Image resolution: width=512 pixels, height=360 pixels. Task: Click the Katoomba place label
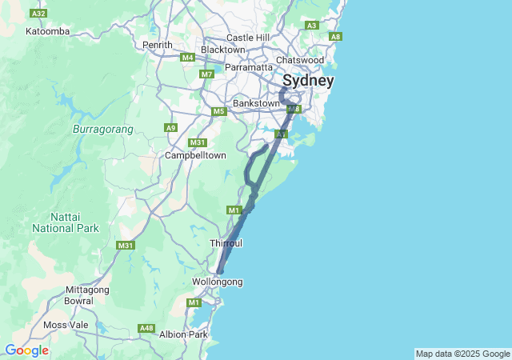point(48,31)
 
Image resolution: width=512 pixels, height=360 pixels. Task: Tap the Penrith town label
point(157,45)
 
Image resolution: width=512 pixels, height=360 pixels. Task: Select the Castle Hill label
point(249,38)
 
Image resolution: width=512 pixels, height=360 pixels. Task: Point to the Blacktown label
point(222,50)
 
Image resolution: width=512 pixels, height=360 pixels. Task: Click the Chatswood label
point(299,60)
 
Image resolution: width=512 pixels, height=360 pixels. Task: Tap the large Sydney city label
point(307,81)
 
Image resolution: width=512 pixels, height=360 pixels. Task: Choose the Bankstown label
point(256,103)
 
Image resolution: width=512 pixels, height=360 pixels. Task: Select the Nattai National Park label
point(65,222)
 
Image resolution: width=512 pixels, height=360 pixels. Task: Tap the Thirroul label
point(226,242)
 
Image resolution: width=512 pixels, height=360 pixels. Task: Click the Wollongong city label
point(218,282)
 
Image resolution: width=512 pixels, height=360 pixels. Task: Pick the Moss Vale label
point(66,325)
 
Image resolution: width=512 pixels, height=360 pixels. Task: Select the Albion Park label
point(183,334)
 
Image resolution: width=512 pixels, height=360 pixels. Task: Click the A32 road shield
point(37,14)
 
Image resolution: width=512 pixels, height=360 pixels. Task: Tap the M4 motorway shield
point(187,58)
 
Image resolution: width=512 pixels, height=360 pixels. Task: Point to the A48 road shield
point(146,328)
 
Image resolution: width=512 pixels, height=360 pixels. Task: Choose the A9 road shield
point(170,127)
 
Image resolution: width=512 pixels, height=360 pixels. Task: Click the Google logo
point(26,350)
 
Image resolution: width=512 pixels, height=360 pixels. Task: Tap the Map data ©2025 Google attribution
point(462,354)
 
